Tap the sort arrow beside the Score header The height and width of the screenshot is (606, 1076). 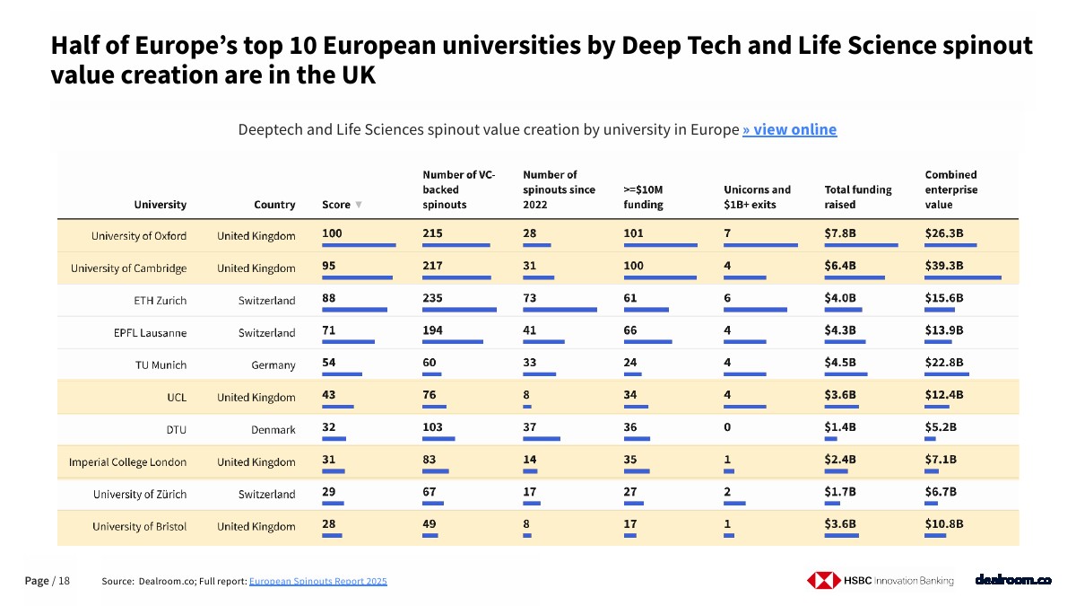click(x=359, y=205)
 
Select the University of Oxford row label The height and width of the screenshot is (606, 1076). click(x=139, y=235)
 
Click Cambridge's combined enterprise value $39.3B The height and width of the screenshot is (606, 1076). click(x=944, y=266)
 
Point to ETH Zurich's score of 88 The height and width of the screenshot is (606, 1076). click(x=328, y=298)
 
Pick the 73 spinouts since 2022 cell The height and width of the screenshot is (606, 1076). click(x=529, y=298)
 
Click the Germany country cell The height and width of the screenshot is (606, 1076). click(x=273, y=365)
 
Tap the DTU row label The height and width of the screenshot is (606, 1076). click(x=177, y=429)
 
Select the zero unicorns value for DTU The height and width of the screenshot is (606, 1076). click(x=727, y=427)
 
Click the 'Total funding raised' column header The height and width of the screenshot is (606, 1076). click(x=858, y=198)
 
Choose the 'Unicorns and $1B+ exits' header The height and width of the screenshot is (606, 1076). click(x=757, y=198)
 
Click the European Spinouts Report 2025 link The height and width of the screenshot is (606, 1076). click(x=318, y=581)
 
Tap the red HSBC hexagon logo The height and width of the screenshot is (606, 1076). click(x=823, y=580)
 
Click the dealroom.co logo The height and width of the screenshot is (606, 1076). click(x=1013, y=580)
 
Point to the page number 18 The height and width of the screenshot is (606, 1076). click(x=64, y=581)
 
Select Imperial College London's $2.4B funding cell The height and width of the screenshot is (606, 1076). click(x=839, y=460)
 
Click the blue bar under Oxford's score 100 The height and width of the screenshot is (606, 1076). click(x=359, y=245)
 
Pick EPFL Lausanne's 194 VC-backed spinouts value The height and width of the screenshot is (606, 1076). click(x=432, y=330)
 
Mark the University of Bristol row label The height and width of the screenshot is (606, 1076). click(x=139, y=526)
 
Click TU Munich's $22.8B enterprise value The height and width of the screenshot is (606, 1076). click(x=944, y=362)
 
